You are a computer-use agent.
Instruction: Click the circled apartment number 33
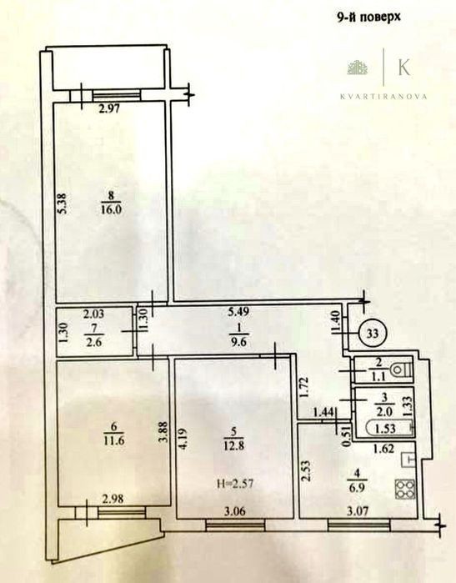[373, 333]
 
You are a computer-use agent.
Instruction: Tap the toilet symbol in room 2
[401, 370]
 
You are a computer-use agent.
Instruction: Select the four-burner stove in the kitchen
[405, 490]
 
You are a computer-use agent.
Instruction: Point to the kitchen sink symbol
[408, 460]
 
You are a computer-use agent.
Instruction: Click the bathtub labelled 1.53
[388, 429]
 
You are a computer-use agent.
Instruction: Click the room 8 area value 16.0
[111, 209]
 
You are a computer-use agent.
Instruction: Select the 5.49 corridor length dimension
[238, 312]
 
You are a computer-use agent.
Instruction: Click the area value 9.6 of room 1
[238, 341]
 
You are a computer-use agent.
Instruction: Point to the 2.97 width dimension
[109, 109]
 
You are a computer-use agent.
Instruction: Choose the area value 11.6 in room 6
[113, 440]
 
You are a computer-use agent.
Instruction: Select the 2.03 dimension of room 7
[93, 314]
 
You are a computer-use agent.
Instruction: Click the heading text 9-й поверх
[369, 18]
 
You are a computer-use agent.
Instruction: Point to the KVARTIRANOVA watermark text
[383, 96]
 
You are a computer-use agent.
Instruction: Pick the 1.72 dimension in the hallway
[305, 388]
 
